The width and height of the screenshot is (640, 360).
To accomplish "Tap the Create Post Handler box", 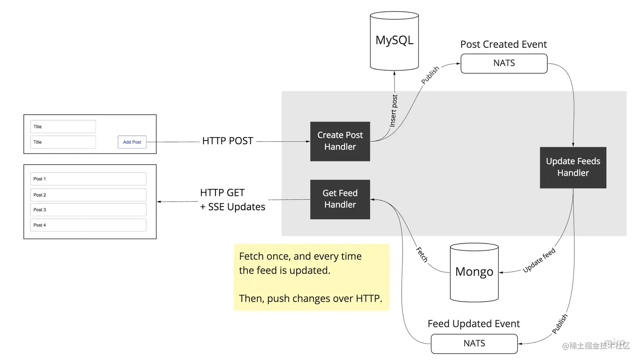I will coord(340,141).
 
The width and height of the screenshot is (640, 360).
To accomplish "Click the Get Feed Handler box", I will coord(340,199).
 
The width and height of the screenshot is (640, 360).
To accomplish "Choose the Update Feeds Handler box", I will coord(573,168).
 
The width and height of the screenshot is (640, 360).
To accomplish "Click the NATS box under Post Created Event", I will coord(504,63).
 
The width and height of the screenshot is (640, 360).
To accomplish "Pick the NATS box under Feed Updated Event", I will coord(474,344).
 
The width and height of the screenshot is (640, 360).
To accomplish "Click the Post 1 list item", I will coord(88,179).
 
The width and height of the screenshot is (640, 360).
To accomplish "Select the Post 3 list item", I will coord(88,210).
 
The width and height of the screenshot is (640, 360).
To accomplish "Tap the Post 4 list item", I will coord(88,225).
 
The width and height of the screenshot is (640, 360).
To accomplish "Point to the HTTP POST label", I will coord(228,141).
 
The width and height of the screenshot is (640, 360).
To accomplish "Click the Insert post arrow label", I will coord(394,111).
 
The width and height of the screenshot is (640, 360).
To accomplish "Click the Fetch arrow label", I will coord(422,255).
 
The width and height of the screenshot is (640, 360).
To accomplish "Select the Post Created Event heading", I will coord(503,44).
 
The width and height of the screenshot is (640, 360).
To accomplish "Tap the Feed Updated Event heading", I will coord(474,324).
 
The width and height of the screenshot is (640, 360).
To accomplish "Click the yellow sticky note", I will coord(311,277).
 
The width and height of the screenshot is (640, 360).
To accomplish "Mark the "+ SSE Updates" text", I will coord(233,207).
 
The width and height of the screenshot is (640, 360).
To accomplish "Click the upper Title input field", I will coord(63,126).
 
